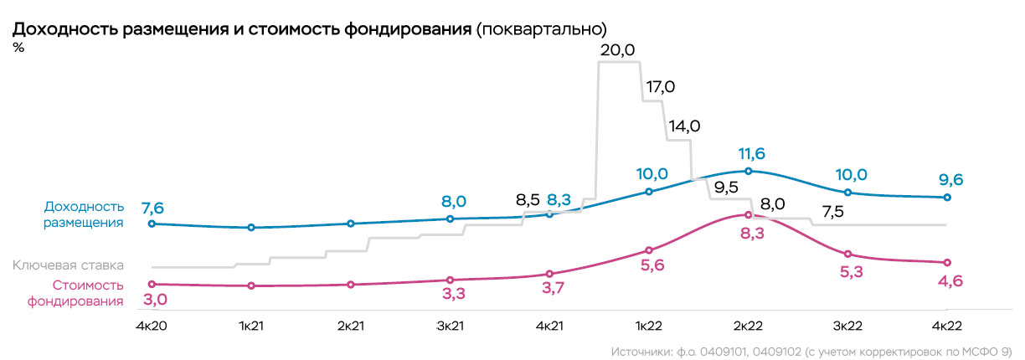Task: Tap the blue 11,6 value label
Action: click(x=751, y=154)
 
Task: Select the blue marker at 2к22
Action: click(x=749, y=171)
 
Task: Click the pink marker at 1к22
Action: click(x=649, y=249)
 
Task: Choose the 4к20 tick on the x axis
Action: click(x=152, y=324)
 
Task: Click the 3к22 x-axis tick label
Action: click(x=848, y=324)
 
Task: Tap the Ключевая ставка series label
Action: click(x=68, y=265)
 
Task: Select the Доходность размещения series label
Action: click(x=83, y=214)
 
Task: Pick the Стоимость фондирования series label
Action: click(x=75, y=292)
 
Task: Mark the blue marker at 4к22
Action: click(x=947, y=198)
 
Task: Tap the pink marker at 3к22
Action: click(x=848, y=254)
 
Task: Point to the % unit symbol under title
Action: click(x=18, y=48)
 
